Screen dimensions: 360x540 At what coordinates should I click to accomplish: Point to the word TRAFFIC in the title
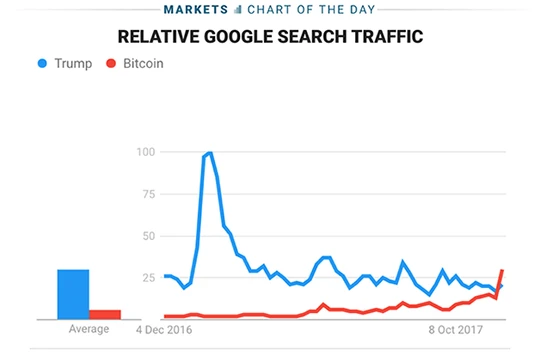pos(388,37)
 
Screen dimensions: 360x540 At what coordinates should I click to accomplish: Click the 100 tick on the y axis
pos(146,152)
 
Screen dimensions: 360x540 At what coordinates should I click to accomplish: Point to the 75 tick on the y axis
pos(149,194)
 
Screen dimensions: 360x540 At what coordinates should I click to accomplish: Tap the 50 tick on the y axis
pos(149,236)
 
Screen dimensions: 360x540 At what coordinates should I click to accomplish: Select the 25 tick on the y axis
pos(149,278)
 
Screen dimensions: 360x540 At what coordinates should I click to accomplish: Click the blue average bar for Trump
pos(73,294)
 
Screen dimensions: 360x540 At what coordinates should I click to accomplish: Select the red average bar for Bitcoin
pos(105,314)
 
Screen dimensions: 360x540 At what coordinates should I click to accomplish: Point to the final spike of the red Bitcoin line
pos(502,271)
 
